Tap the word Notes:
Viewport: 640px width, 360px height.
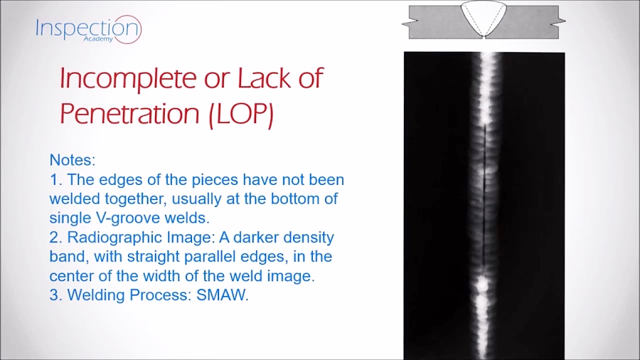(73, 161)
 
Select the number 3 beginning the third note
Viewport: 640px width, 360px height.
(54, 295)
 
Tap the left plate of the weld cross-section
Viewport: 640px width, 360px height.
(433, 22)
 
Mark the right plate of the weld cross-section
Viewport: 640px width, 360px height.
(530, 22)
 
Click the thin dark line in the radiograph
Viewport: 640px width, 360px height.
(484, 192)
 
